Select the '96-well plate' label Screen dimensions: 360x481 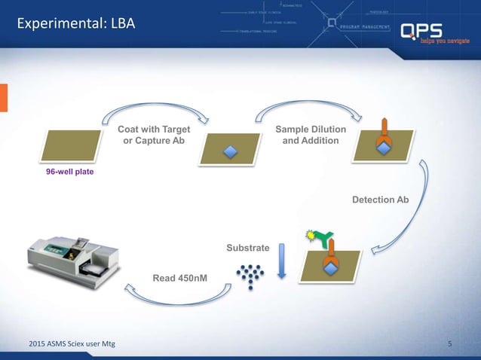coord(70,172)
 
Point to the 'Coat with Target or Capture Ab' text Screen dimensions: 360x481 coord(153,136)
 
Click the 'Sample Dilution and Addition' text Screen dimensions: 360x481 coord(311,136)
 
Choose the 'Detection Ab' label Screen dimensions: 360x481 coord(380,200)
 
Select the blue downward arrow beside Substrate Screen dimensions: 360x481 coord(281,261)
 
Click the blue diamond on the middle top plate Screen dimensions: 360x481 coord(231,152)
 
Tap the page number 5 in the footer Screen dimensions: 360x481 coord(449,345)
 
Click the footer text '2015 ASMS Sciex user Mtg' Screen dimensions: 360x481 coord(66,345)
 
